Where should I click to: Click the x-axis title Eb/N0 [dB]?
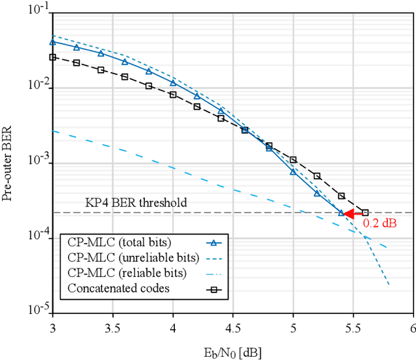[233, 352]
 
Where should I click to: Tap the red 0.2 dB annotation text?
[379, 224]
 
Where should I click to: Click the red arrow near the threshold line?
[353, 213]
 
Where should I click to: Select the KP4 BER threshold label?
[136, 203]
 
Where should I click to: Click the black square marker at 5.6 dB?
[365, 212]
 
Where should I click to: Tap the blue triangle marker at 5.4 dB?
[341, 212]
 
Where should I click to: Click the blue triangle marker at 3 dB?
[53, 42]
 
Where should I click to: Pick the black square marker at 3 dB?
[53, 57]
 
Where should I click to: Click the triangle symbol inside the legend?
[212, 243]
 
